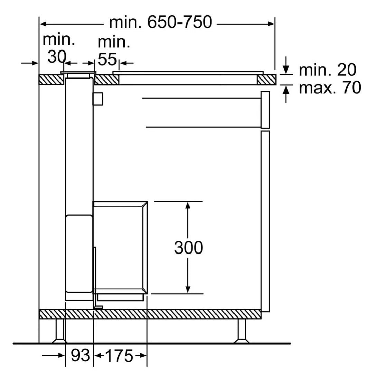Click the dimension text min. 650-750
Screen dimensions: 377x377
[160, 22]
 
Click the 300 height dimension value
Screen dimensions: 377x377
[188, 248]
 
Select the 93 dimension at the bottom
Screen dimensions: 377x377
[80, 355]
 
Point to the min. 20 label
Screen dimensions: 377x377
[327, 70]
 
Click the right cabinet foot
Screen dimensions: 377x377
[241, 331]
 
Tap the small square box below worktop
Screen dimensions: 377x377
[97, 99]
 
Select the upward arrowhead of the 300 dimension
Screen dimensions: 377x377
[187, 206]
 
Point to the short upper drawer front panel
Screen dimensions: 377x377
[265, 109]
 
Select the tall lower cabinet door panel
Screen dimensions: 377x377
[265, 220]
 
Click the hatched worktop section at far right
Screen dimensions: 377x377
[266, 80]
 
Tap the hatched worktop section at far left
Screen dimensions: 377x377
[51, 80]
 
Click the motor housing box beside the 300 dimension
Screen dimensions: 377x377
[120, 247]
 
